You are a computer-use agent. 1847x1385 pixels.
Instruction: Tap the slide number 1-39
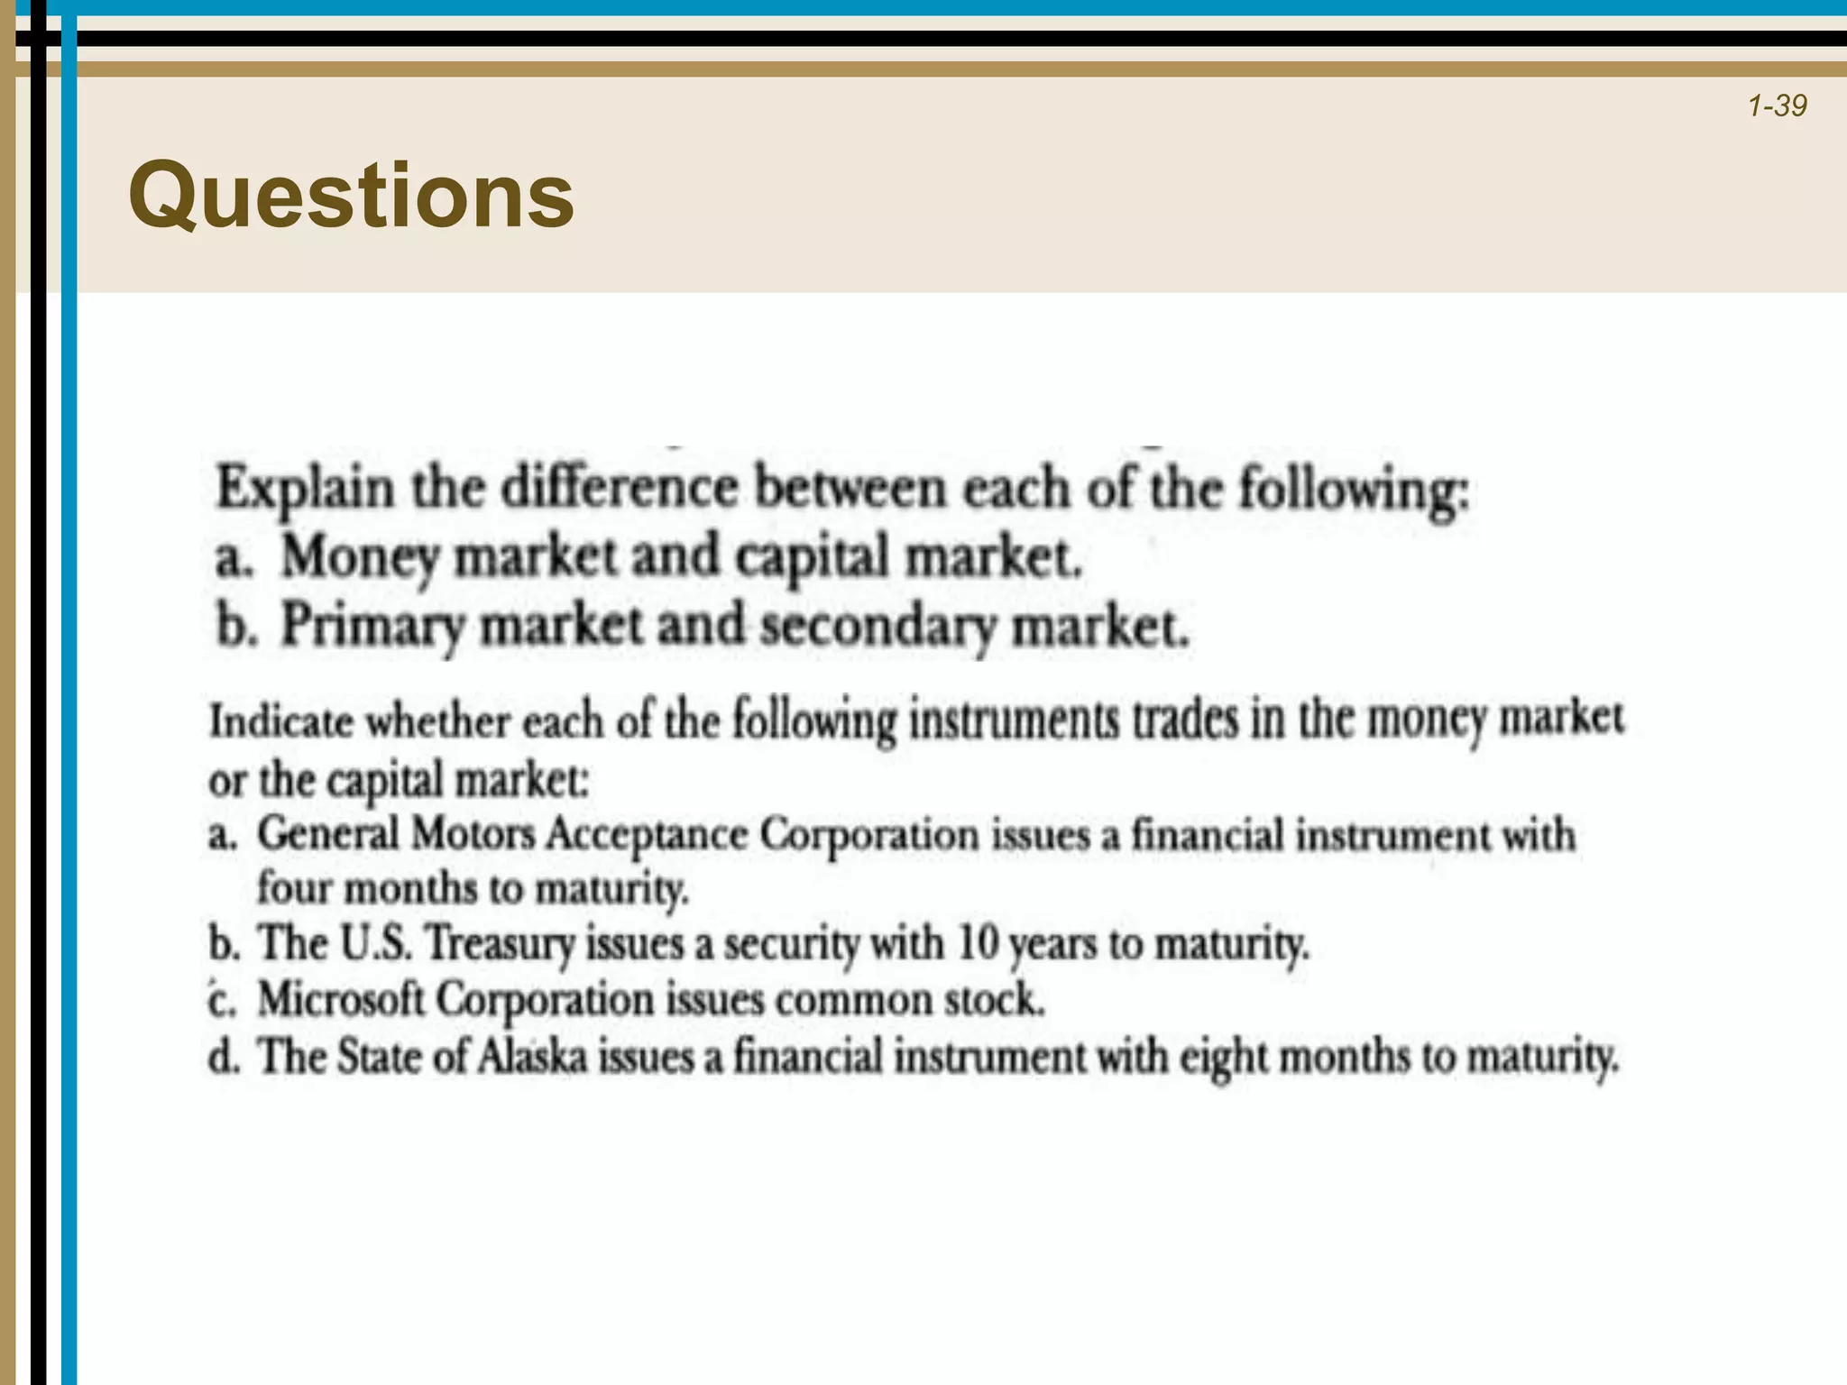[x=1777, y=106]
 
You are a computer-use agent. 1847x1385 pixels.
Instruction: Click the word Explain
[x=306, y=490]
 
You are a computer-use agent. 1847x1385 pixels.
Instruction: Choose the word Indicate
[x=281, y=721]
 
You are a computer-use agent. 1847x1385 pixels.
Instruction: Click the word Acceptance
[x=646, y=835]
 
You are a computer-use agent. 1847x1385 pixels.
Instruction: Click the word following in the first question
[x=1353, y=490]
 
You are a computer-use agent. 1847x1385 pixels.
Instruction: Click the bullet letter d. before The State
[x=224, y=1057]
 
